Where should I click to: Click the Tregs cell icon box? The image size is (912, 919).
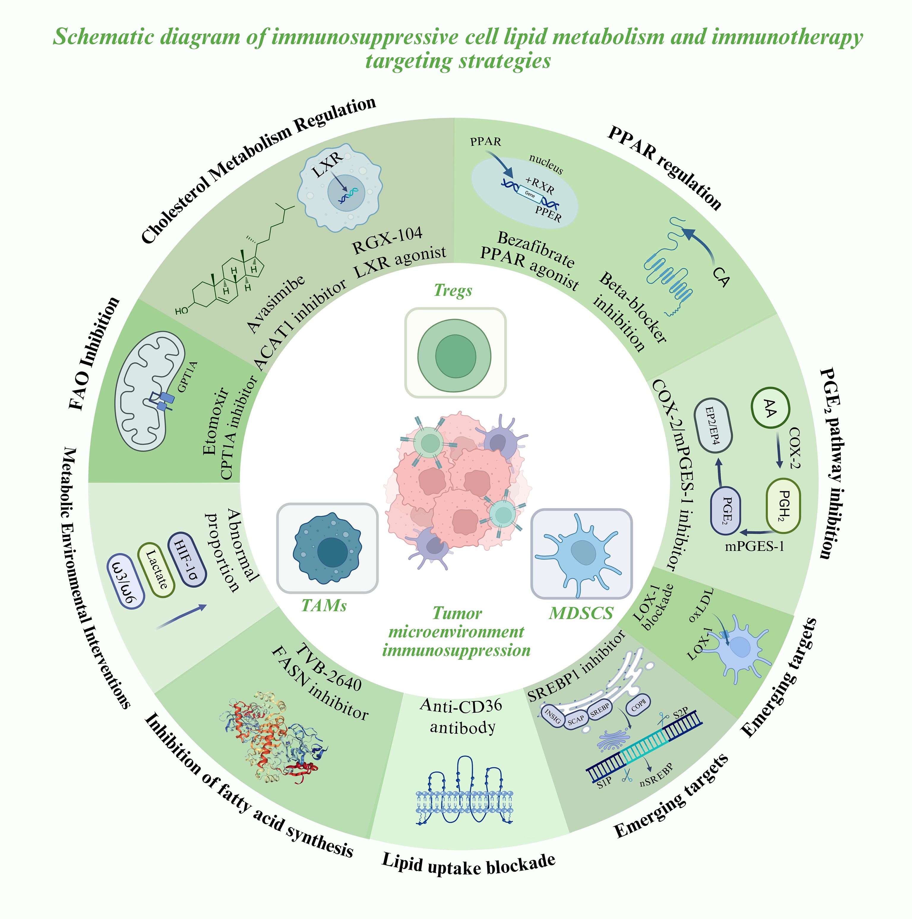point(455,352)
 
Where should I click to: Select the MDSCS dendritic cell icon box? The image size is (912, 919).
point(581,554)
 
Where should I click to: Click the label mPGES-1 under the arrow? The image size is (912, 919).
point(754,546)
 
